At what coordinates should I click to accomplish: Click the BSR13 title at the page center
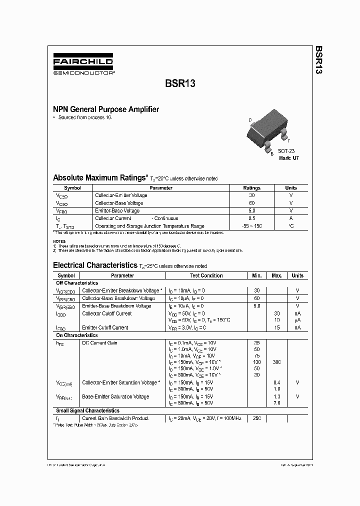tap(180, 84)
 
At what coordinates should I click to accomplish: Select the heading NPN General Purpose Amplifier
tap(106, 109)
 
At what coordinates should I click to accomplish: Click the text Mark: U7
tap(288, 158)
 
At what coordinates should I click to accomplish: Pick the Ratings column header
tap(251, 188)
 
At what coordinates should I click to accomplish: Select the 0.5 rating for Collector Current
tap(251, 218)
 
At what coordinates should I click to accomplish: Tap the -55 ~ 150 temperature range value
tap(251, 226)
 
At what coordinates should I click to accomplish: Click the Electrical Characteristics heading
tap(95, 265)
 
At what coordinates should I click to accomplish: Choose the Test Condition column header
tap(206, 275)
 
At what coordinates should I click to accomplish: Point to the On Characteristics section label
tap(76, 335)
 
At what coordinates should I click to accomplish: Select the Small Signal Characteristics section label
tap(87, 410)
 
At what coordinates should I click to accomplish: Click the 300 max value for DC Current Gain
tap(276, 361)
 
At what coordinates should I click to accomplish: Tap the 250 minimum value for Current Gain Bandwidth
tap(257, 418)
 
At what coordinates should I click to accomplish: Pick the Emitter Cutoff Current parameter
tap(105, 327)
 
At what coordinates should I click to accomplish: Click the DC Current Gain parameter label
tap(100, 343)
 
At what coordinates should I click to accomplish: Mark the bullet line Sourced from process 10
tap(84, 117)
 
